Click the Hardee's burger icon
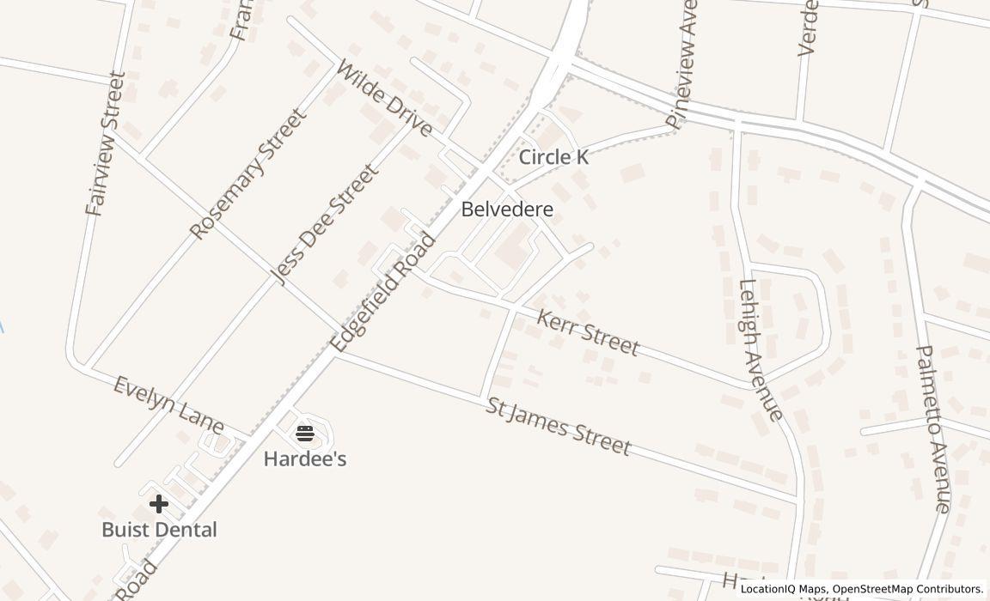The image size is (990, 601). [305, 432]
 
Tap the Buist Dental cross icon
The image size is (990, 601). [159, 504]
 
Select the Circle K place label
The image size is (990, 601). [554, 157]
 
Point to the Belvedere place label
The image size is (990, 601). [507, 209]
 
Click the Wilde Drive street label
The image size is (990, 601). [384, 98]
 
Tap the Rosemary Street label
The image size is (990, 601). [247, 174]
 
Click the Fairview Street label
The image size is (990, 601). [106, 143]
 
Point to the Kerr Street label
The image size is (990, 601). [588, 333]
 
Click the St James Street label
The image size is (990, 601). [558, 427]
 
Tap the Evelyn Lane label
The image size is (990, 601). [168, 405]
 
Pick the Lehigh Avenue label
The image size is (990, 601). [761, 350]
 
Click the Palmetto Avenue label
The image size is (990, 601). [933, 428]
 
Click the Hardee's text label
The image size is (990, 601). [305, 459]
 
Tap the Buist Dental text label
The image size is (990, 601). [159, 530]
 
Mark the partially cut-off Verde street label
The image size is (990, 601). [808, 27]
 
